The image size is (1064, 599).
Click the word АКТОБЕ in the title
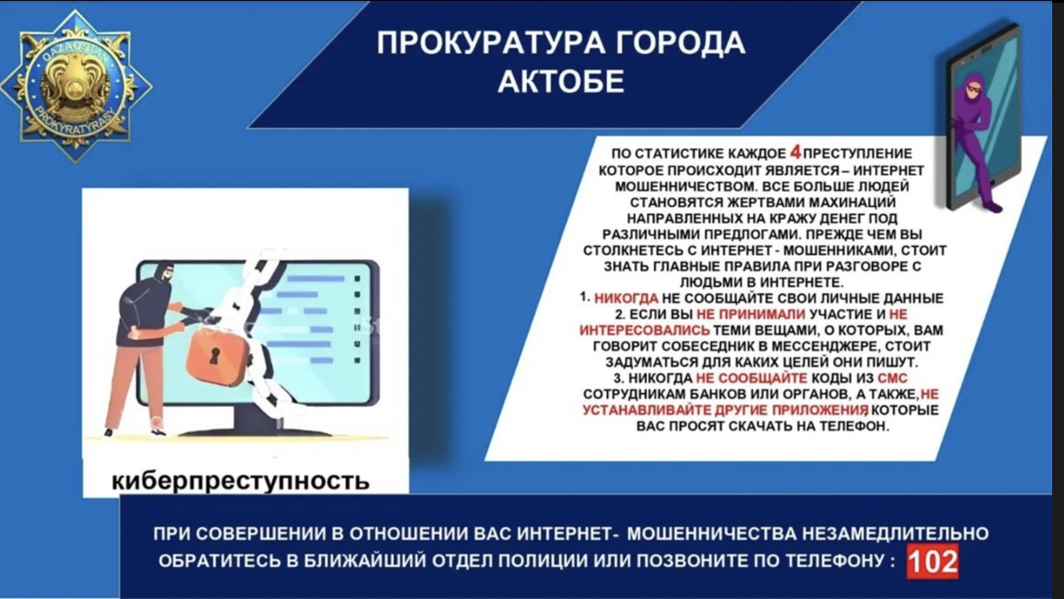[x=561, y=81]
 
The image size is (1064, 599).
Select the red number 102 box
[x=932, y=562]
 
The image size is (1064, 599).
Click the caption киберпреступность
[x=240, y=481]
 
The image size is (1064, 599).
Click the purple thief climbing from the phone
[x=975, y=139]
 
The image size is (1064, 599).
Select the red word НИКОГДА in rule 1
[x=625, y=299]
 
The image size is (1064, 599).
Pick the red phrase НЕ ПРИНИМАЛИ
[x=751, y=314]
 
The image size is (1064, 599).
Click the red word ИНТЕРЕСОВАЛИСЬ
[x=644, y=330]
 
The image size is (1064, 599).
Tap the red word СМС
[x=892, y=378]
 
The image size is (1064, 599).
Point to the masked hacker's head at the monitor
[x=164, y=273]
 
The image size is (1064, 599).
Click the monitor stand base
[x=257, y=430]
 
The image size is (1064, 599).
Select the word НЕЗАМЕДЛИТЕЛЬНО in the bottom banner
[x=895, y=533]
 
